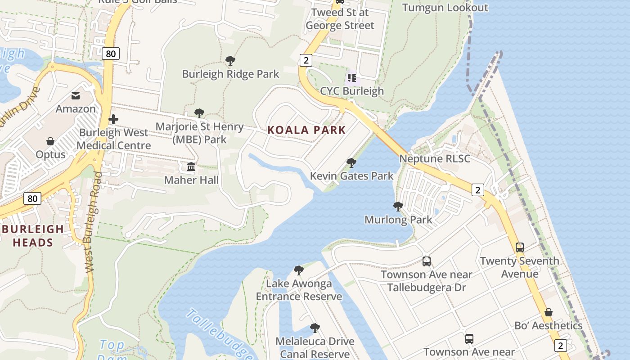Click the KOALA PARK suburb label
click(x=306, y=130)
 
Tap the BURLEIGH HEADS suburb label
click(x=33, y=236)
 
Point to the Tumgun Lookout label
click(x=445, y=8)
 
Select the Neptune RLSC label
click(x=435, y=159)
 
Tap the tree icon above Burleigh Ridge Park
click(x=230, y=61)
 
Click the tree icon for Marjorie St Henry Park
click(x=199, y=113)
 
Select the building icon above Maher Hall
click(x=191, y=167)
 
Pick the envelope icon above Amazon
click(x=76, y=96)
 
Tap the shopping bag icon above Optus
click(x=50, y=141)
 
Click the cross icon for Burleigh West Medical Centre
click(x=113, y=119)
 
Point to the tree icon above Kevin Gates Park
click(x=351, y=163)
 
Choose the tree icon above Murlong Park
click(x=398, y=207)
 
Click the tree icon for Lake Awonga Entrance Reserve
click(x=298, y=270)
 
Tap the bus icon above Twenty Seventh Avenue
click(x=519, y=247)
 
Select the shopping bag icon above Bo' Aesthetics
click(x=548, y=312)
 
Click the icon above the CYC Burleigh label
click(x=352, y=78)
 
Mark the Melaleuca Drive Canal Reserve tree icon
click(x=315, y=328)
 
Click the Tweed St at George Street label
click(x=340, y=19)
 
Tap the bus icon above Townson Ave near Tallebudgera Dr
click(x=426, y=261)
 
